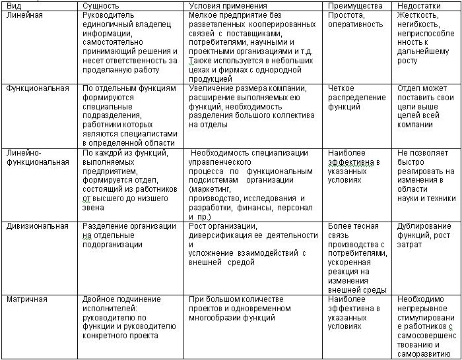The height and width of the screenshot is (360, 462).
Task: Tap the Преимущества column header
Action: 355,5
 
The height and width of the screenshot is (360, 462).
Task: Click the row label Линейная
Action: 24,15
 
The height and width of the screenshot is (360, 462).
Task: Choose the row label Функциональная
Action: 38,88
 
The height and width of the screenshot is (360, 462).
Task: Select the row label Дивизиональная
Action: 38,226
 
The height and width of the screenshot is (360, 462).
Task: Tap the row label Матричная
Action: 27,299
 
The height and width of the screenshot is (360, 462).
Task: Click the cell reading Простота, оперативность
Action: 355,19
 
